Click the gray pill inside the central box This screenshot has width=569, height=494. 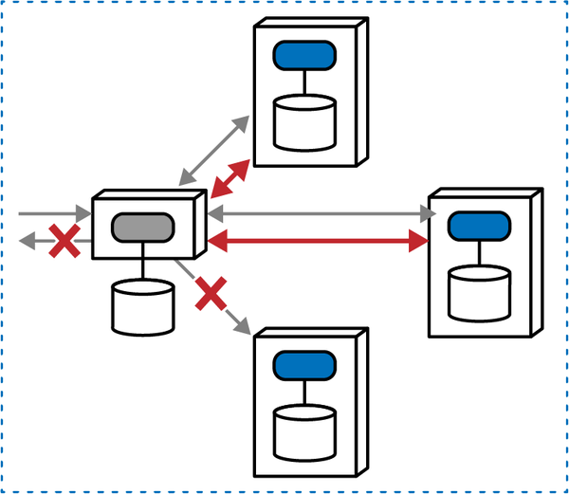(143, 229)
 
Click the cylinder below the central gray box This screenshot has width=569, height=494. (143, 306)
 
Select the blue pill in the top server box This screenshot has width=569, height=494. (305, 56)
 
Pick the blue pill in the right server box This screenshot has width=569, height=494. (479, 227)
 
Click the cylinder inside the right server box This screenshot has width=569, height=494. (479, 292)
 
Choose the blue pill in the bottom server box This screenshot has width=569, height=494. (305, 364)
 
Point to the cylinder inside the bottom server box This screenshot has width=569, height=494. (305, 431)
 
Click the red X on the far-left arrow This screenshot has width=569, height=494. (63, 242)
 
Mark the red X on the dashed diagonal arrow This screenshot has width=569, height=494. (212, 295)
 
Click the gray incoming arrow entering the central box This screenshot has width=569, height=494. (52, 215)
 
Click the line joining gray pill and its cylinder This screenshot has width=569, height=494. (143, 262)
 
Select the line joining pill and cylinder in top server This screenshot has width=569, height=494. (305, 82)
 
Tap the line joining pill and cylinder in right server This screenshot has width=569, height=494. (479, 252)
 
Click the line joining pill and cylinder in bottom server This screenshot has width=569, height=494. (305, 392)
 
